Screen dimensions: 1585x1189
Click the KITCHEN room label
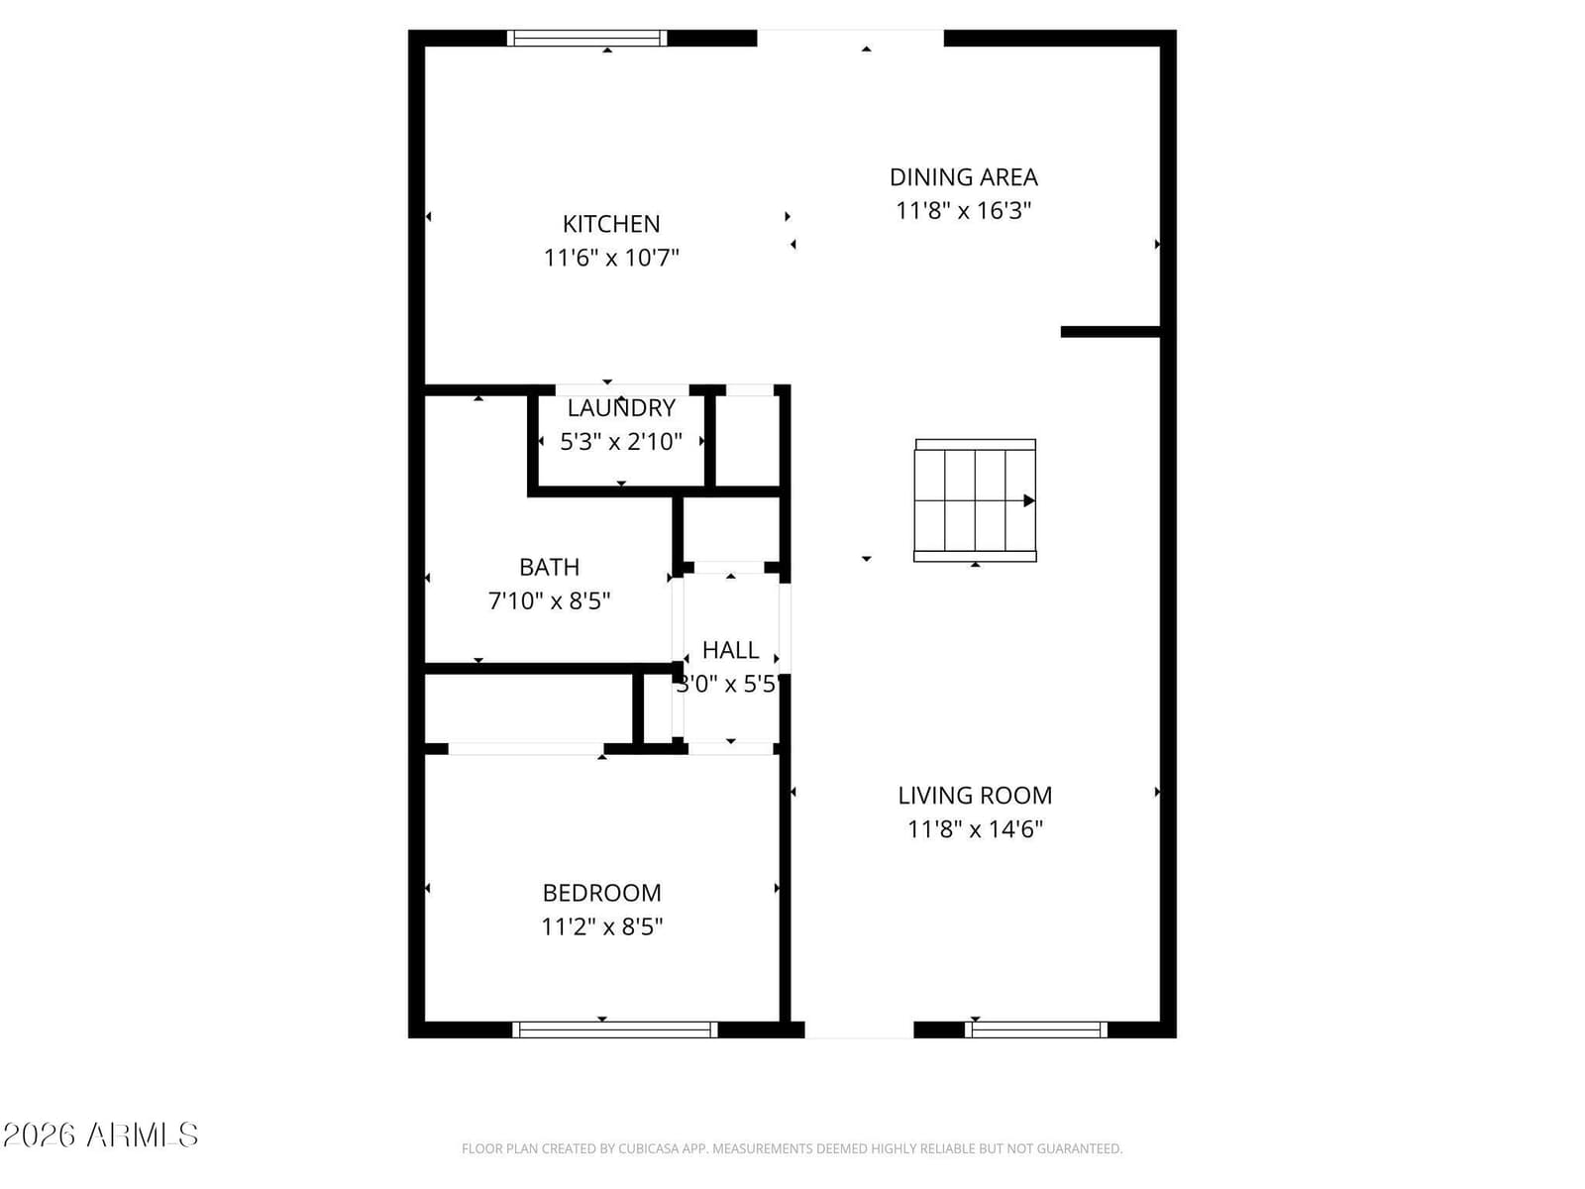tap(611, 224)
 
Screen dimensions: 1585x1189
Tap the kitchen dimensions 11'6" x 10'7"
tap(611, 258)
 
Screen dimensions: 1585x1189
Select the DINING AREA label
tap(963, 177)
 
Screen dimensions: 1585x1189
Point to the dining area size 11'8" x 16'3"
tap(963, 211)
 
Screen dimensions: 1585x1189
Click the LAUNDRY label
tap(621, 408)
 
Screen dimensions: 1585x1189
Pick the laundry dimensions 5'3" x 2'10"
tap(621, 441)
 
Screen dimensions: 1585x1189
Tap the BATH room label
tap(549, 568)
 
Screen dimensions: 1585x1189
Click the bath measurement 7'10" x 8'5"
tap(549, 600)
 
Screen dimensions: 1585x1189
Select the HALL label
tap(730, 650)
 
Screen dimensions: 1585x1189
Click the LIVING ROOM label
tap(975, 796)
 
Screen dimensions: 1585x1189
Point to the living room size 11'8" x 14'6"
tap(975, 828)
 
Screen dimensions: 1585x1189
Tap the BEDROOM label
tap(601, 893)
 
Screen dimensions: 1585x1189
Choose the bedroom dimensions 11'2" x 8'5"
tap(601, 926)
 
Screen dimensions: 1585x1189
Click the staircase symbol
tap(975, 500)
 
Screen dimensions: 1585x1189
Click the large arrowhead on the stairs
tap(1029, 500)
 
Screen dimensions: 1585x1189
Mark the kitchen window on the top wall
tap(586, 39)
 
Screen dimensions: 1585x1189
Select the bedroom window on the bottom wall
tap(614, 1029)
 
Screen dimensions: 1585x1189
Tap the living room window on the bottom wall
tap(1035, 1029)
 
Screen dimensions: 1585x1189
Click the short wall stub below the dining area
tap(1109, 332)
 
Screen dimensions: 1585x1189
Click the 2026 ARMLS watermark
tap(100, 1135)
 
